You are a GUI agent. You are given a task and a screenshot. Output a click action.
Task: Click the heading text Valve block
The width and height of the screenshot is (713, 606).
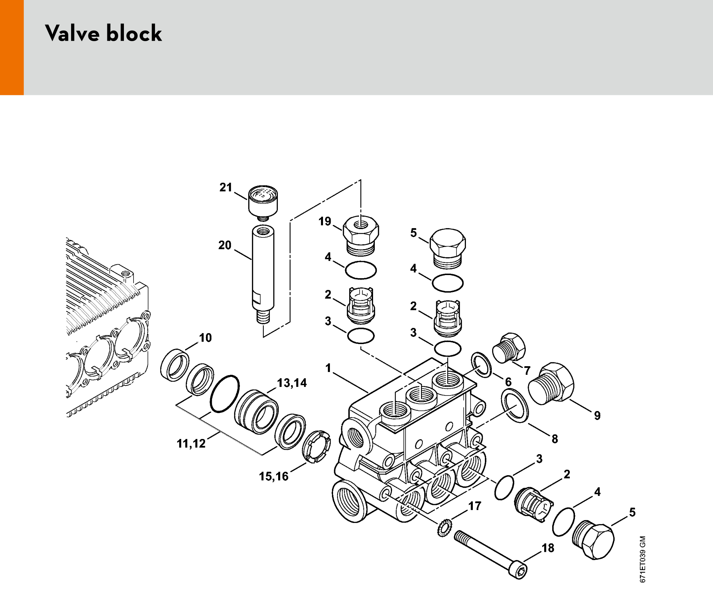(103, 33)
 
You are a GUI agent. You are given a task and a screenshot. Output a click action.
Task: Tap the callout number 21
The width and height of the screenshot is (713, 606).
(226, 187)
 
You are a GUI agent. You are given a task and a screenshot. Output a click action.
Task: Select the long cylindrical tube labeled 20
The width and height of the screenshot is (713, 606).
(263, 274)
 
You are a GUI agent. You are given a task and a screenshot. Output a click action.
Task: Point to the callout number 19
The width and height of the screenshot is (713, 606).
(325, 221)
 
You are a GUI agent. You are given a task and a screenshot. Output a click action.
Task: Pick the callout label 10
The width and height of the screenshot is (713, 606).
(205, 338)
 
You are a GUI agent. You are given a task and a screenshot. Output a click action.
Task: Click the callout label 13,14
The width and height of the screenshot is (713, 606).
(292, 383)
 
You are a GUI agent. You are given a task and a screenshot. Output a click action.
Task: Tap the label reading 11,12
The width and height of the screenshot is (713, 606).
(191, 443)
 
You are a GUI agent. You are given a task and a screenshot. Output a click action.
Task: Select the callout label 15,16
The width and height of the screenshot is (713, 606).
(274, 476)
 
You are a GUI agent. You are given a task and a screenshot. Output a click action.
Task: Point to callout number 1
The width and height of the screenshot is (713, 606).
(328, 368)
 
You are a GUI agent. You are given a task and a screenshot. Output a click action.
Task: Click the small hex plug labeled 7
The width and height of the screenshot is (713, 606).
(509, 348)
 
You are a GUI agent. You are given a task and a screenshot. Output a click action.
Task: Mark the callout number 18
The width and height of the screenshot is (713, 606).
(548, 548)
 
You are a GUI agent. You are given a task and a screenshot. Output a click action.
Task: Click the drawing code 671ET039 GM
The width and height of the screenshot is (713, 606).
(642, 559)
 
